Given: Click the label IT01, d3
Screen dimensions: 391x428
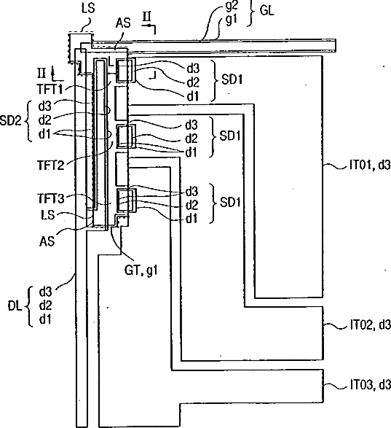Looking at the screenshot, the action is coord(370,166).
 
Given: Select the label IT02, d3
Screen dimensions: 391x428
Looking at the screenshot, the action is coord(371,324).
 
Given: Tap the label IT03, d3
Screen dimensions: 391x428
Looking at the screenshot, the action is coord(371,384).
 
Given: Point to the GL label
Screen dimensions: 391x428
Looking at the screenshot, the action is coord(266,10).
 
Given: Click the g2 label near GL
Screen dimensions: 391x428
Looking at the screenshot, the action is coord(232,6).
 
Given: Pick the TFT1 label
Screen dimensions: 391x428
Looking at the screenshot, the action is coord(50,89).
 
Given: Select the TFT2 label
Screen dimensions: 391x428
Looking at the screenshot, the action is coord(50,165).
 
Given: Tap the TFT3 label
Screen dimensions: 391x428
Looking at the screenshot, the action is coord(51,199).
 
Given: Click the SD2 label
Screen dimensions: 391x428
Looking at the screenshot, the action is coord(10,120).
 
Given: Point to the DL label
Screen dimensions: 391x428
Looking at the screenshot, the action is coord(15,306).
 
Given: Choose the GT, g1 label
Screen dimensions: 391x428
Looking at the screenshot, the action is coord(141,271).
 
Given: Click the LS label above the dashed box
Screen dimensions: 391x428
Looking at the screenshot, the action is coord(88,7).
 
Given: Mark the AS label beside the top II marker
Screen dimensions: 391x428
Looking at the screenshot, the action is coord(123,23).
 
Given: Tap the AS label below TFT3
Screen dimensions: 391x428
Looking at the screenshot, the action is coord(47,241).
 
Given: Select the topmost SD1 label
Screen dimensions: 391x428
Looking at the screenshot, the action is coord(232,79).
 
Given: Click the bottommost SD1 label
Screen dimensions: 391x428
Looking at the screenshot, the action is coord(230,203).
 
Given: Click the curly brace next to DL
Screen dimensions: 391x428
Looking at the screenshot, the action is coord(29,306).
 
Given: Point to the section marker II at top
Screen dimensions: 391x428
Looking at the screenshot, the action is coord(146,17).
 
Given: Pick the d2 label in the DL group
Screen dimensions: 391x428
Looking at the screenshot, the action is coord(45,306).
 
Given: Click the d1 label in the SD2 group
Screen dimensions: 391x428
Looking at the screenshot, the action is coord(44,134).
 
